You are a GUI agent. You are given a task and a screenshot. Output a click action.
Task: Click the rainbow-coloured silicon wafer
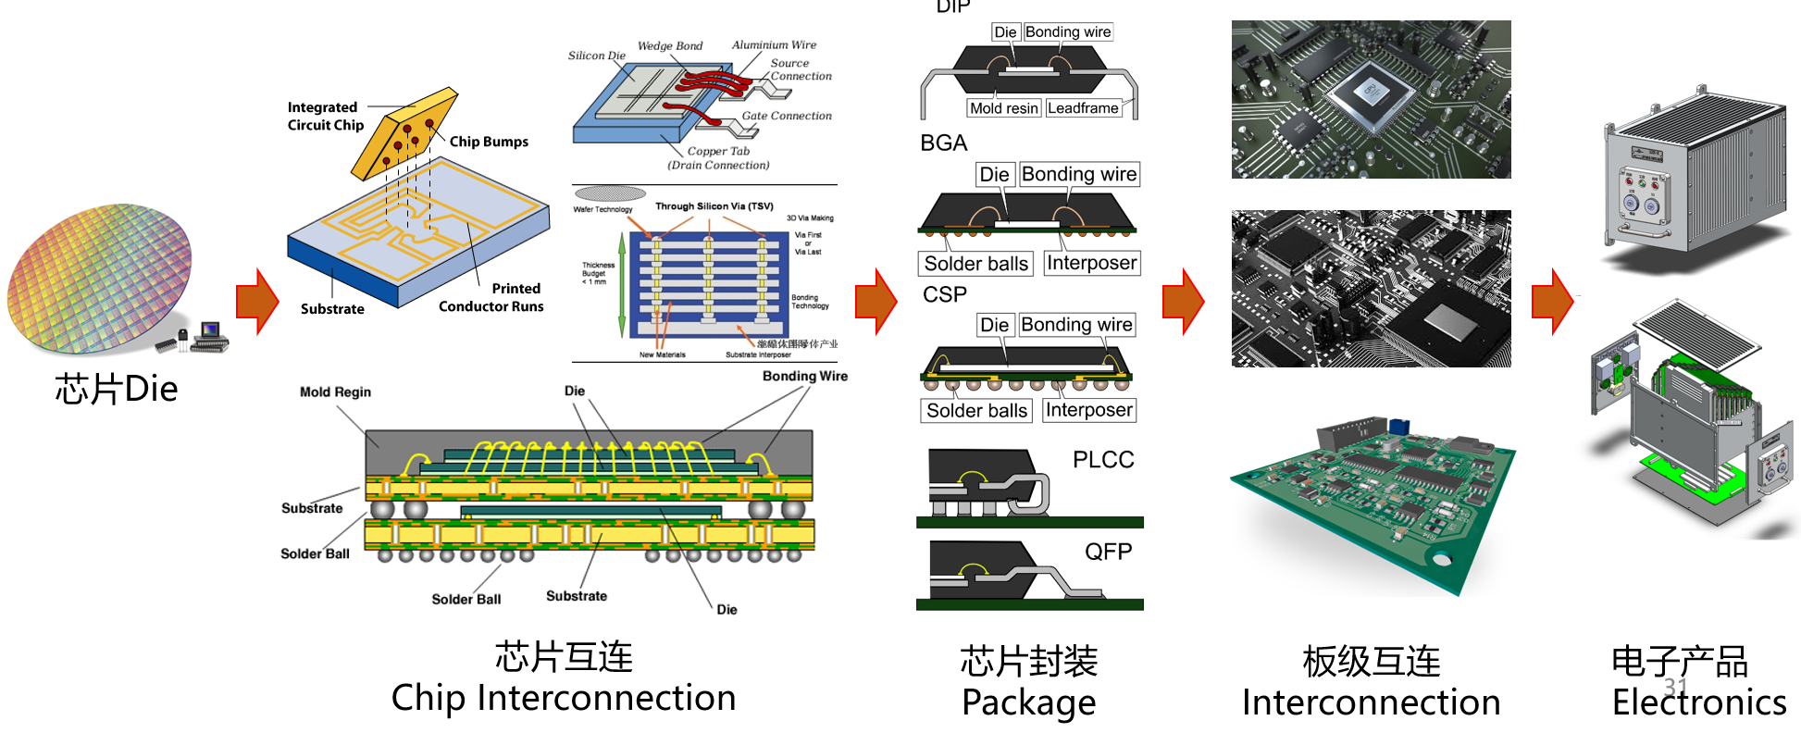click(x=100, y=278)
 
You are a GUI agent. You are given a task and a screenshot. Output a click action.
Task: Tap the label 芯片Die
click(x=116, y=390)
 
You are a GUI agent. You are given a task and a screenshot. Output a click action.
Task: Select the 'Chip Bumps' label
click(x=489, y=142)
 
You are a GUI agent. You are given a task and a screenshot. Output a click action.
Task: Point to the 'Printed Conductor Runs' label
click(x=491, y=297)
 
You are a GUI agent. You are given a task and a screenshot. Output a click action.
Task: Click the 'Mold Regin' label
click(x=335, y=392)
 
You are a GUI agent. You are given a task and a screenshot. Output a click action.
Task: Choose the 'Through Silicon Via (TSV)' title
click(x=714, y=206)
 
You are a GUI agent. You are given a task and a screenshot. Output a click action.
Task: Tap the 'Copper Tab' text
click(x=718, y=151)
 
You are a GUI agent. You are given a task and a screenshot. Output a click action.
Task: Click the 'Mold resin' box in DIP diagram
click(x=1003, y=108)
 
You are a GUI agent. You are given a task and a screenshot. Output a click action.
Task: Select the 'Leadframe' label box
click(x=1083, y=108)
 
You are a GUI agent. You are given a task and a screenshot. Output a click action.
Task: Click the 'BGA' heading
click(x=943, y=143)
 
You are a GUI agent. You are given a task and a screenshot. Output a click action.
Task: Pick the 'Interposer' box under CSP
click(x=1088, y=410)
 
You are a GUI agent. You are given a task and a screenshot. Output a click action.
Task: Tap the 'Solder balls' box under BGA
click(x=975, y=264)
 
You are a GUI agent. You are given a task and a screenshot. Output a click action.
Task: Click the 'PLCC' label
click(x=1102, y=460)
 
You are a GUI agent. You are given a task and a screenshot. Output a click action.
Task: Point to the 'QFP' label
click(x=1108, y=552)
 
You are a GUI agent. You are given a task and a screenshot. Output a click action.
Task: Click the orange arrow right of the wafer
click(x=257, y=301)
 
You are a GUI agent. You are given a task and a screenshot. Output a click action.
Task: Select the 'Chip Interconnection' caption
click(x=563, y=698)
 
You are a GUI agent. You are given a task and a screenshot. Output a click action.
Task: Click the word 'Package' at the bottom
click(x=1028, y=702)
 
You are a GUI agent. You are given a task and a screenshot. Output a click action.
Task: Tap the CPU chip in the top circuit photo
click(x=1372, y=93)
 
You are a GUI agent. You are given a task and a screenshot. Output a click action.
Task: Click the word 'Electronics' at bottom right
click(x=1698, y=702)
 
